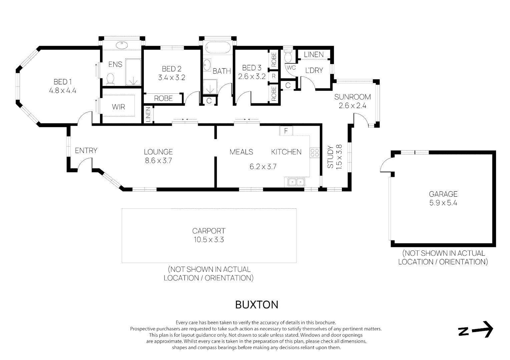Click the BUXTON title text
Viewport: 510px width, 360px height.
tap(257, 305)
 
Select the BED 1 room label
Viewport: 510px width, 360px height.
tap(63, 82)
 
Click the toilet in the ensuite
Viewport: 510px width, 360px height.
tap(110, 79)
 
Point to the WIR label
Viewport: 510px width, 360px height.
tap(118, 107)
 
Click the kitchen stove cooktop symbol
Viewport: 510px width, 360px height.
tap(315, 153)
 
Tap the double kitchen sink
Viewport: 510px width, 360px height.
tap(296, 182)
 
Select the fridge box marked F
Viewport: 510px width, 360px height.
tap(286, 131)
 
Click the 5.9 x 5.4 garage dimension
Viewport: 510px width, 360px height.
tap(443, 203)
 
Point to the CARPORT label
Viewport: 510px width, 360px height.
tap(209, 231)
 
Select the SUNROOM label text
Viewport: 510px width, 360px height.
tap(353, 97)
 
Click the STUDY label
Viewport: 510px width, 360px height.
tap(330, 157)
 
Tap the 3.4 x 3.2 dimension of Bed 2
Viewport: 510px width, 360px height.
tap(171, 78)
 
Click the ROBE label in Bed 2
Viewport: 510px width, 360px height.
tap(163, 98)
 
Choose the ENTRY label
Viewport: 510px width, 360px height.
tap(86, 151)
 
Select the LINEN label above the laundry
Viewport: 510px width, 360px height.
tap(314, 54)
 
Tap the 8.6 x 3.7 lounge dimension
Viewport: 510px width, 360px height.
tap(158, 161)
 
